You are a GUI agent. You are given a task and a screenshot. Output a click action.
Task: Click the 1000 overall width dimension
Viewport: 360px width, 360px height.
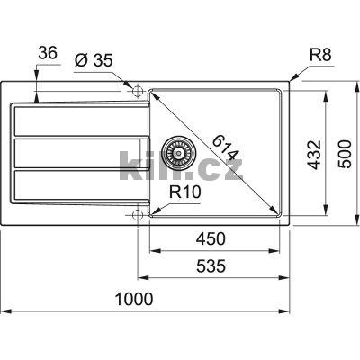pos(132,298)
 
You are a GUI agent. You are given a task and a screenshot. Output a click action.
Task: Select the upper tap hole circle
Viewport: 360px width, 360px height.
pos(137,91)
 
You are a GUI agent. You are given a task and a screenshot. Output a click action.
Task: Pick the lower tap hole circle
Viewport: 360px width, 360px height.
pos(137,214)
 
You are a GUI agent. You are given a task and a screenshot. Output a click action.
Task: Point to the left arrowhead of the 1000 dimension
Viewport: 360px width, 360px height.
pos(4,310)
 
